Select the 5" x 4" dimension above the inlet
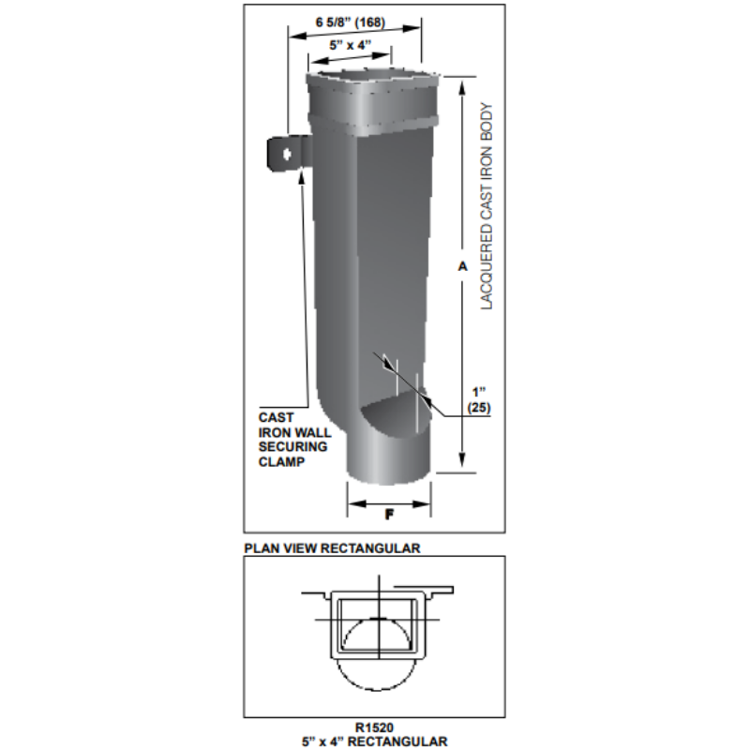(x=352, y=44)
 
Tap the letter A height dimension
(x=462, y=267)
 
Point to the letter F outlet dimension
(x=388, y=514)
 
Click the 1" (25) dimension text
(x=479, y=399)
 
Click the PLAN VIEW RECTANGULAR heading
(x=332, y=547)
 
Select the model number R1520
(x=375, y=727)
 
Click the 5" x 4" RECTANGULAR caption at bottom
(x=375, y=741)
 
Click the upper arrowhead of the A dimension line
(x=462, y=86)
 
